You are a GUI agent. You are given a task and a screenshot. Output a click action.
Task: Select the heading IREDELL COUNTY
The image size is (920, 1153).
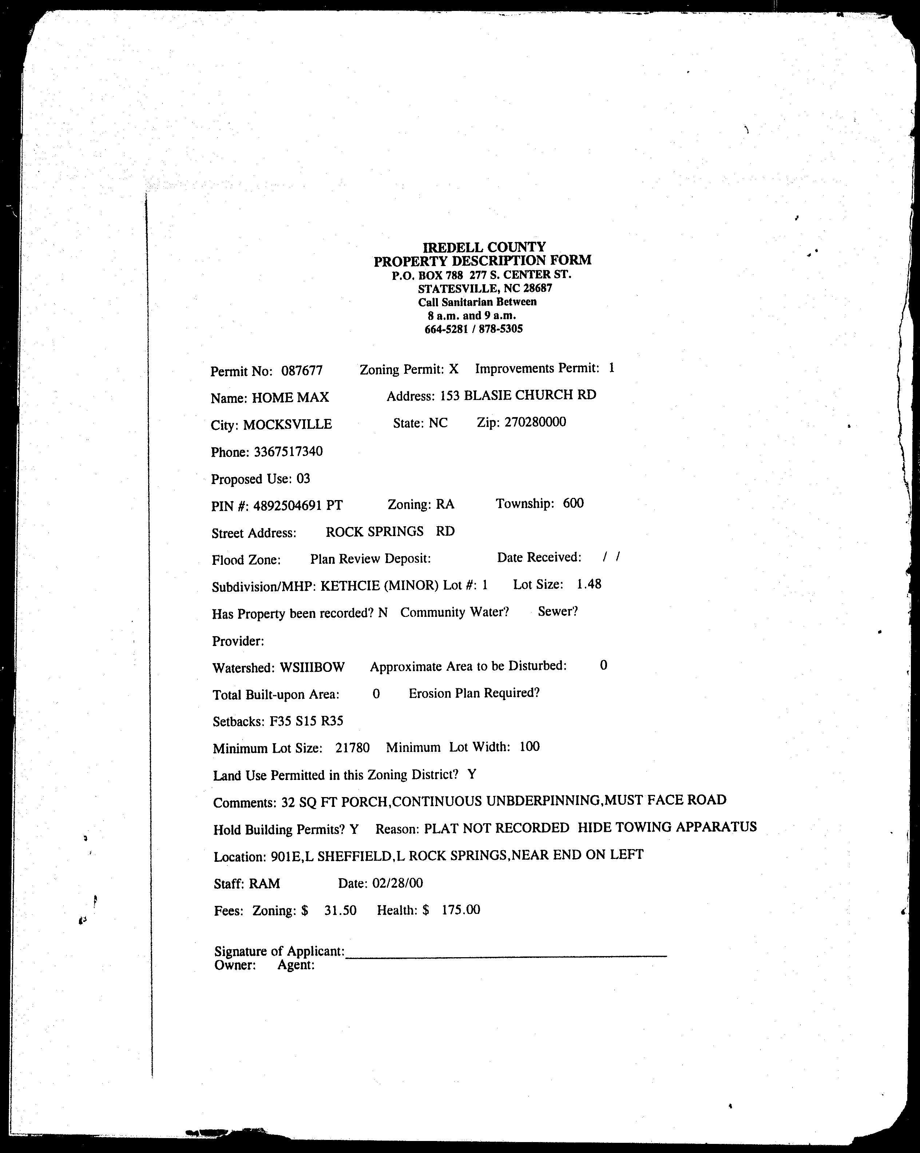click(484, 247)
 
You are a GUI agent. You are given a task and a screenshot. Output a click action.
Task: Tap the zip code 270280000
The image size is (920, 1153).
click(535, 422)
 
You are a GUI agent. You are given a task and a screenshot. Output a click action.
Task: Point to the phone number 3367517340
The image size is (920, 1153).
click(288, 451)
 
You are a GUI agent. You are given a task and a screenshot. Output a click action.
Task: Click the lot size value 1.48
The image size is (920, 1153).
click(589, 584)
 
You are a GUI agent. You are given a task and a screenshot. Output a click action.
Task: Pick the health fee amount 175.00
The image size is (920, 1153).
click(460, 910)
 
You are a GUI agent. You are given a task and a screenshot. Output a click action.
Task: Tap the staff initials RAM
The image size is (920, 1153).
click(264, 883)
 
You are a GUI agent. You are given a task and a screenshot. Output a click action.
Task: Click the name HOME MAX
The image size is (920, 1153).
click(290, 397)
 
